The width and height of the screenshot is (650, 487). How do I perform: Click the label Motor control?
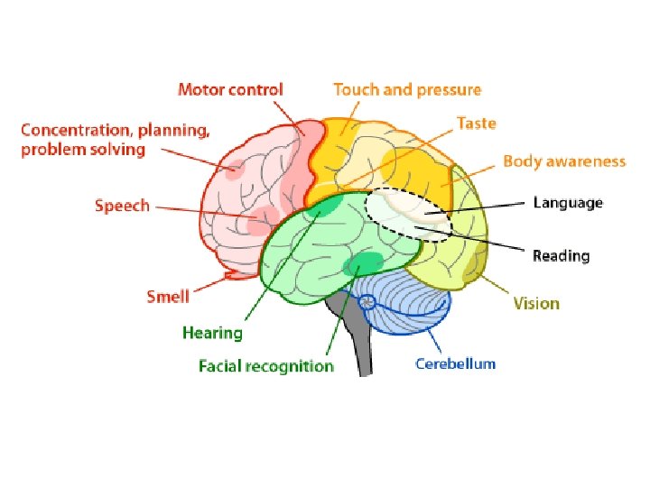230,89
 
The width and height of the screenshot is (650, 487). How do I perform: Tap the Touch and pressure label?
407,89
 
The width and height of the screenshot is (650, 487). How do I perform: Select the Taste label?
476,123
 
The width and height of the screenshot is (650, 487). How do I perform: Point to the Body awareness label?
563,161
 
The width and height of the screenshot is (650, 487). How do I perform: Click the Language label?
567,202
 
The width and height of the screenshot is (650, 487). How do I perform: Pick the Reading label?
561,256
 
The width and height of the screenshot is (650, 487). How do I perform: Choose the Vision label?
536,303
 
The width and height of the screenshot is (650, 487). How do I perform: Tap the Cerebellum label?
455,363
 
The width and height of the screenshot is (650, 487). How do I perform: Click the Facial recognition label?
266,366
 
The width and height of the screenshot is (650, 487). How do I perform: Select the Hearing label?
212,333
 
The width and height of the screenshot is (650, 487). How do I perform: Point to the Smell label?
168,296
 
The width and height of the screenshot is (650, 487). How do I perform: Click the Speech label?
122,206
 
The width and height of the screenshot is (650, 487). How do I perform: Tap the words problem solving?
83,150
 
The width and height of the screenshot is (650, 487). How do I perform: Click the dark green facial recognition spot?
364,265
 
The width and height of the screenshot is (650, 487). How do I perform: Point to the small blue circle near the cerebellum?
367,304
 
